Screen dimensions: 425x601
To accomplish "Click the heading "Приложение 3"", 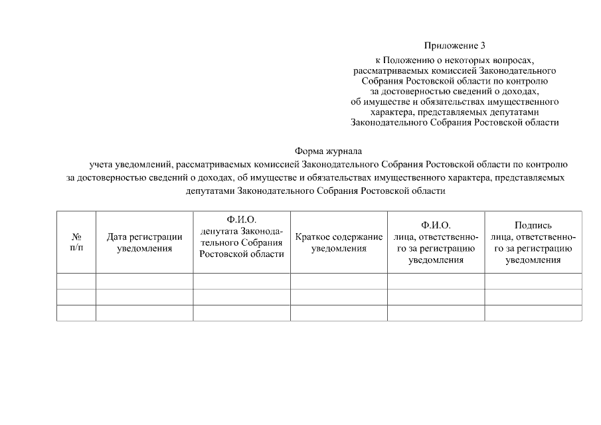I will click(455, 46).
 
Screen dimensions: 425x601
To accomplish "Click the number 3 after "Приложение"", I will click(483, 46).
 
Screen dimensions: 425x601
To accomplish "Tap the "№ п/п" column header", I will click(76, 242).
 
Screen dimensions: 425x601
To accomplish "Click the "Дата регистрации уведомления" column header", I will click(145, 242).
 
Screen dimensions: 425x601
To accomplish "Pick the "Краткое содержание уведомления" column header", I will click(339, 242).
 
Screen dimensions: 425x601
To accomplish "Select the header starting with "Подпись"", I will click(533, 242).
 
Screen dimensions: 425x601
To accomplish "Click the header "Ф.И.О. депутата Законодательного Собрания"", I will click(242, 236).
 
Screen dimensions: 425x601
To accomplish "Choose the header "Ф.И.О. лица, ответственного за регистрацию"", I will click(436, 242).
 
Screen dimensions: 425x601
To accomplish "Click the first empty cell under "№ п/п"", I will click(76, 281).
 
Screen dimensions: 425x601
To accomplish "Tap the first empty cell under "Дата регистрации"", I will click(145, 281).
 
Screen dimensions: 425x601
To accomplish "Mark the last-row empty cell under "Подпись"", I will click(533, 313).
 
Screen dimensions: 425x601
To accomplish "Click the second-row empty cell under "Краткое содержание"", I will click(339, 297).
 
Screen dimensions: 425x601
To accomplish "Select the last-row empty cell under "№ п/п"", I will click(76, 313).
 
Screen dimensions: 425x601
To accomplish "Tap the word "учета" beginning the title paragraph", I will click(102, 164).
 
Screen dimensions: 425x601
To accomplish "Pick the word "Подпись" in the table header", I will click(533, 225).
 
